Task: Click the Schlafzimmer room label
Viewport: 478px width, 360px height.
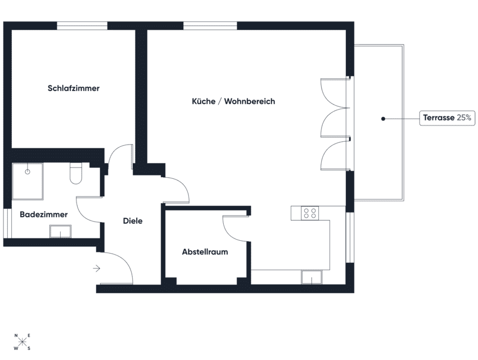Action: pyautogui.click(x=74, y=88)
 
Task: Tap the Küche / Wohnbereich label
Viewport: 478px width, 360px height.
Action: pyautogui.click(x=233, y=101)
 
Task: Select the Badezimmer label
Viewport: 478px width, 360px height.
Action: pyautogui.click(x=44, y=214)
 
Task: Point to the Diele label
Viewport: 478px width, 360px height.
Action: pyautogui.click(x=133, y=221)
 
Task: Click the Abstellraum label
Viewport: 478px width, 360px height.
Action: pyautogui.click(x=205, y=252)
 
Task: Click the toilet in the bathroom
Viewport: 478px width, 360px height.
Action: pyautogui.click(x=75, y=174)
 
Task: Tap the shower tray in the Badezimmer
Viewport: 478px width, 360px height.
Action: pyautogui.click(x=28, y=181)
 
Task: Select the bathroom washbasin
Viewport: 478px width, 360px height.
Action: pyautogui.click(x=60, y=231)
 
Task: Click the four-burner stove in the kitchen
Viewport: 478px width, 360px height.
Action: pyautogui.click(x=310, y=213)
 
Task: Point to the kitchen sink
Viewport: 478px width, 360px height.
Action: pyautogui.click(x=311, y=277)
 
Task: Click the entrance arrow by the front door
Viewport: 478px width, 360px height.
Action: pyautogui.click(x=97, y=269)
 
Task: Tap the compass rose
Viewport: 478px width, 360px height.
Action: pyautogui.click(x=23, y=342)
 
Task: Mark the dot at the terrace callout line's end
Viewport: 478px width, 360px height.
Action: pyautogui.click(x=383, y=119)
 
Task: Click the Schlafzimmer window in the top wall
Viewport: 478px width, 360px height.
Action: pyautogui.click(x=82, y=25)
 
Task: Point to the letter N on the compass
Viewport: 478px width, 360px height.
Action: pyautogui.click(x=17, y=336)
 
